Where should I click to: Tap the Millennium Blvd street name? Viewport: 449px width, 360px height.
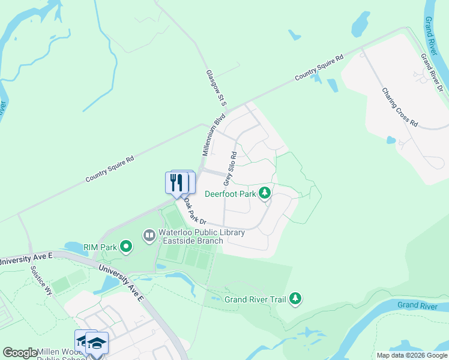(x=214, y=134)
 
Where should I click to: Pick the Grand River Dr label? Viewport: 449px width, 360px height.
(x=432, y=73)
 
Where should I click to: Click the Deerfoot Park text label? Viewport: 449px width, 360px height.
(x=230, y=194)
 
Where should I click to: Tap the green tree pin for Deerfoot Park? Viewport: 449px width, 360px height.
(x=265, y=193)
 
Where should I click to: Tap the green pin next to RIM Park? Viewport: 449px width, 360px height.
(x=125, y=246)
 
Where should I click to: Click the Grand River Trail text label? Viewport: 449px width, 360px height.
(x=255, y=299)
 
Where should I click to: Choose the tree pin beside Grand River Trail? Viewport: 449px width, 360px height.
(x=295, y=298)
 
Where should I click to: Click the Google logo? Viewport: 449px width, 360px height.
(x=20, y=353)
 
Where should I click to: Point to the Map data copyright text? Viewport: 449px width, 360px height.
(x=411, y=355)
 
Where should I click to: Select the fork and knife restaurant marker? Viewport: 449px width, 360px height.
(x=176, y=182)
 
